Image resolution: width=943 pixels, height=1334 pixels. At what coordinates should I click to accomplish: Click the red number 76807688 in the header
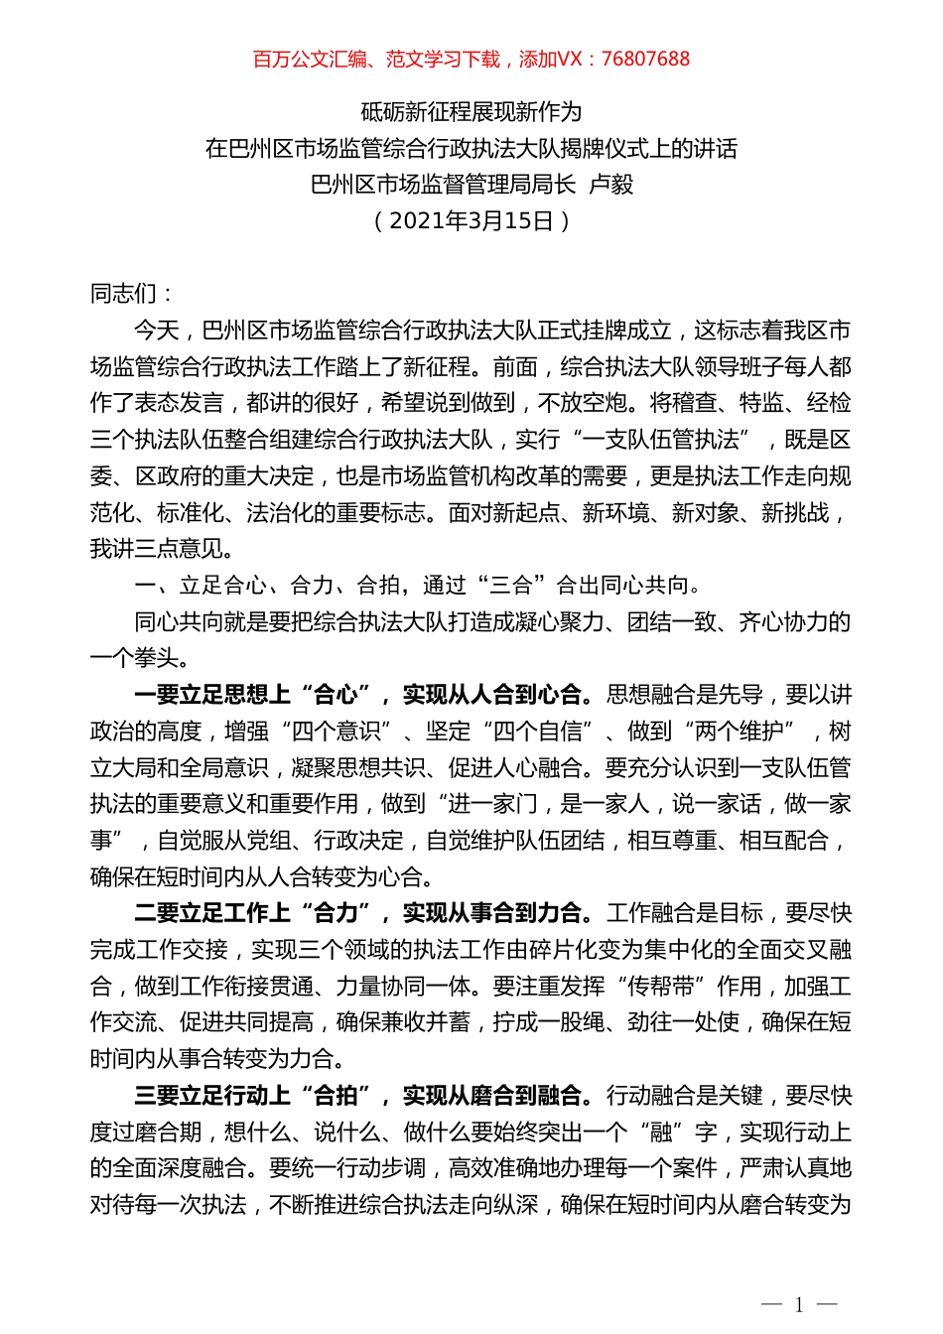click(x=645, y=60)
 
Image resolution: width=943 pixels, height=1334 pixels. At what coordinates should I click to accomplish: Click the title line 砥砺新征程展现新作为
click(x=471, y=112)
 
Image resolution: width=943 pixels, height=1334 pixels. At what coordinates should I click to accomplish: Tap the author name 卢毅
click(x=611, y=185)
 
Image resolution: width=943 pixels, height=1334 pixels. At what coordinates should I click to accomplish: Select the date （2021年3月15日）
click(x=471, y=220)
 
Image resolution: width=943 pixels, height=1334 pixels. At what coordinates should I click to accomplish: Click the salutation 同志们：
click(x=133, y=294)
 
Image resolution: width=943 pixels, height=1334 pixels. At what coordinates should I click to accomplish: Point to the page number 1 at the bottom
click(x=799, y=1304)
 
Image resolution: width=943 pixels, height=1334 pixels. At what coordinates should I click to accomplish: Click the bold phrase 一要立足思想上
click(x=211, y=695)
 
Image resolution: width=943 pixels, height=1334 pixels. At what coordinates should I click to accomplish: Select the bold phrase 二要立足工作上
click(x=211, y=913)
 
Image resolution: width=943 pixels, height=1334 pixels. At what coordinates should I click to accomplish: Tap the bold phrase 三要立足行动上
click(x=211, y=1096)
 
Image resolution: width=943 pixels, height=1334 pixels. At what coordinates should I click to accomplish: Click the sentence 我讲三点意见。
click(x=163, y=549)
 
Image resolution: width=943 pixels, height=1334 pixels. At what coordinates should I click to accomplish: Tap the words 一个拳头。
click(x=140, y=658)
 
